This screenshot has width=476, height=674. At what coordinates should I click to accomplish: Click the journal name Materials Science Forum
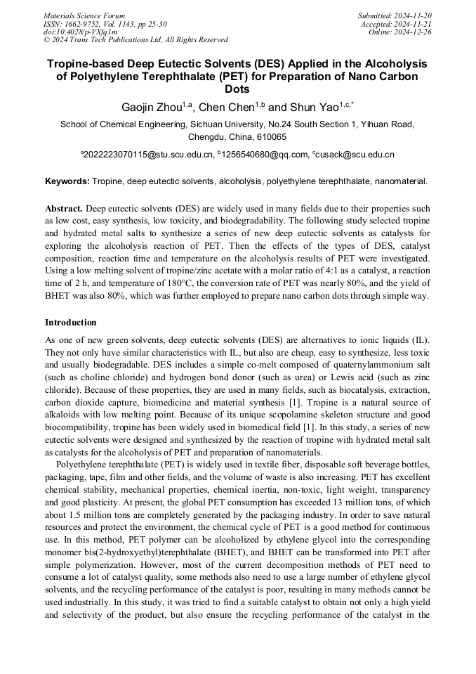coord(84,15)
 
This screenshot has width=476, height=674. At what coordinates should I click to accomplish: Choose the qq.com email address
coord(265,155)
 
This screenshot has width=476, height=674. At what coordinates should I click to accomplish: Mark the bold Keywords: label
coord(67,181)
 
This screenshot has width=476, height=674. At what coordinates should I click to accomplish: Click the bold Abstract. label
coord(64,209)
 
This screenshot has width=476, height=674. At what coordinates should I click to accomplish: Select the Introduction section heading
coord(70,323)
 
